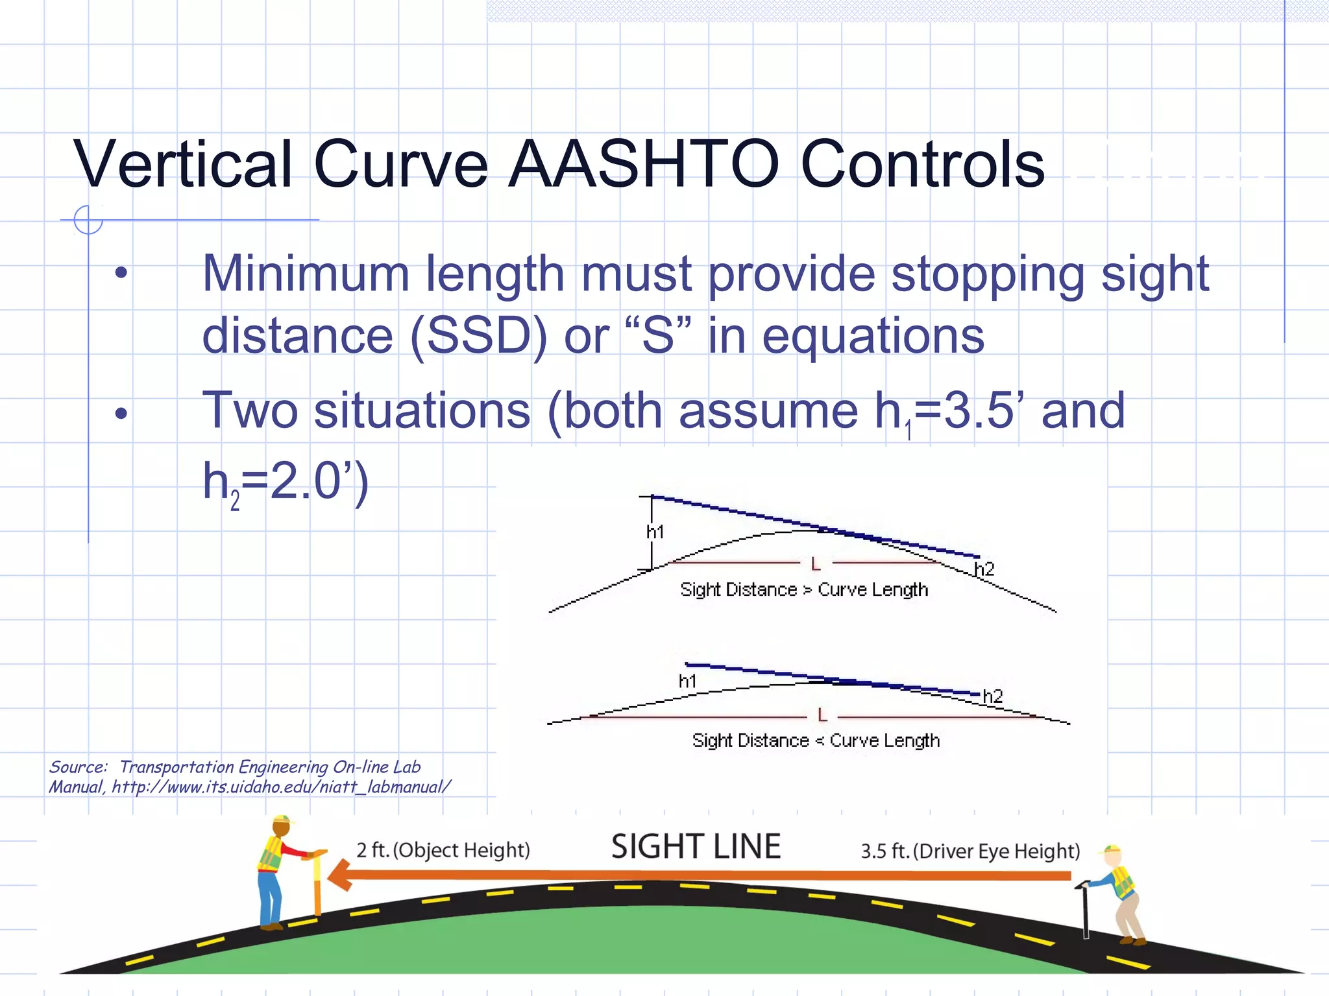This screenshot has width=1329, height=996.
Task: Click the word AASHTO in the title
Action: [643, 165]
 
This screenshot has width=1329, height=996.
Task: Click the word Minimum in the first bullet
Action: [306, 274]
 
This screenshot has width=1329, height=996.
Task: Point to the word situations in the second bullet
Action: [422, 411]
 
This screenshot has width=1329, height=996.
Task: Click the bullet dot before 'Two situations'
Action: [121, 413]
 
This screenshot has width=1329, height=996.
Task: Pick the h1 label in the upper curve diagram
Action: [655, 532]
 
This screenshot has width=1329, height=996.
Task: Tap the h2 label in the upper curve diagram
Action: [984, 569]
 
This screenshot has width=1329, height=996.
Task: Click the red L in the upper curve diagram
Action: [816, 564]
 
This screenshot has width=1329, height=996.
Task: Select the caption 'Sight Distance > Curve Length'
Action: [804, 589]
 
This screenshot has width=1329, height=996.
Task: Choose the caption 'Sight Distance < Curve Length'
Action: [816, 741]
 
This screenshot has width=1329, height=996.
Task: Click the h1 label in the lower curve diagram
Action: [688, 681]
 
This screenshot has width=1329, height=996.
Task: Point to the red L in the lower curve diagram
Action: [822, 715]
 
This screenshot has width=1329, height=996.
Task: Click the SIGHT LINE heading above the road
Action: [696, 847]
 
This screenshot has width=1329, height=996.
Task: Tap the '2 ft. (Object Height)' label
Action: [443, 850]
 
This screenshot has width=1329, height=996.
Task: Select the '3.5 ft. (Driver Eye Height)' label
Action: [970, 851]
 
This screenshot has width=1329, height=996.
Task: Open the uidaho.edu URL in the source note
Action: [281, 787]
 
